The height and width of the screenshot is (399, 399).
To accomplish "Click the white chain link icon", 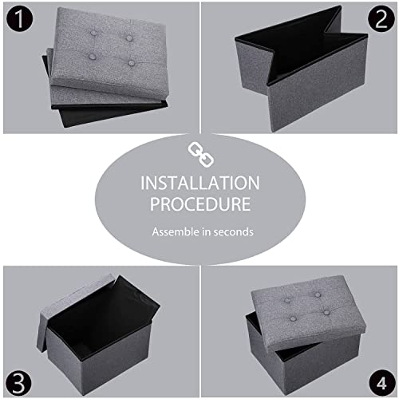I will click(199, 152).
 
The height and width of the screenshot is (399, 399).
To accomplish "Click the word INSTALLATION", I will click(199, 183).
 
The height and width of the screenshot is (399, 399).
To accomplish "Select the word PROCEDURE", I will click(199, 205).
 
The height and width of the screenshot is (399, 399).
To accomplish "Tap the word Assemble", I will click(176, 232).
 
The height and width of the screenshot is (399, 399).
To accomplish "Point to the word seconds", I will click(235, 232).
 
